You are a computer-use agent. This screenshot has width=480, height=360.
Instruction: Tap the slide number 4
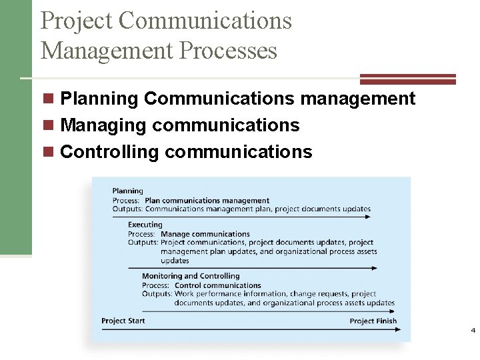[473, 331]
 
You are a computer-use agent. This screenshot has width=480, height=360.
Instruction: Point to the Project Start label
[123, 321]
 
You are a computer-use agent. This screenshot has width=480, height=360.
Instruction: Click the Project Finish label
[373, 321]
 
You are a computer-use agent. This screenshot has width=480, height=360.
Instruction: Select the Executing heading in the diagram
[145, 225]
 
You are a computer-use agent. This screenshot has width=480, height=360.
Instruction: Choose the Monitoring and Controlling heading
[191, 276]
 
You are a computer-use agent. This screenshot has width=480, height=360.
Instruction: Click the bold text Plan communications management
[207, 200]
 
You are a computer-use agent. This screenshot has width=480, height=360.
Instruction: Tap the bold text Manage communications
[205, 234]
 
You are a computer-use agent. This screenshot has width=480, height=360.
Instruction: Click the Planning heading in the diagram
[127, 191]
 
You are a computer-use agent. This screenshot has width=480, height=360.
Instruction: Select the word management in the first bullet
[358, 99]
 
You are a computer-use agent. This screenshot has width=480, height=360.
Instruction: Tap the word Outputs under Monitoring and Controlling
[157, 293]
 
